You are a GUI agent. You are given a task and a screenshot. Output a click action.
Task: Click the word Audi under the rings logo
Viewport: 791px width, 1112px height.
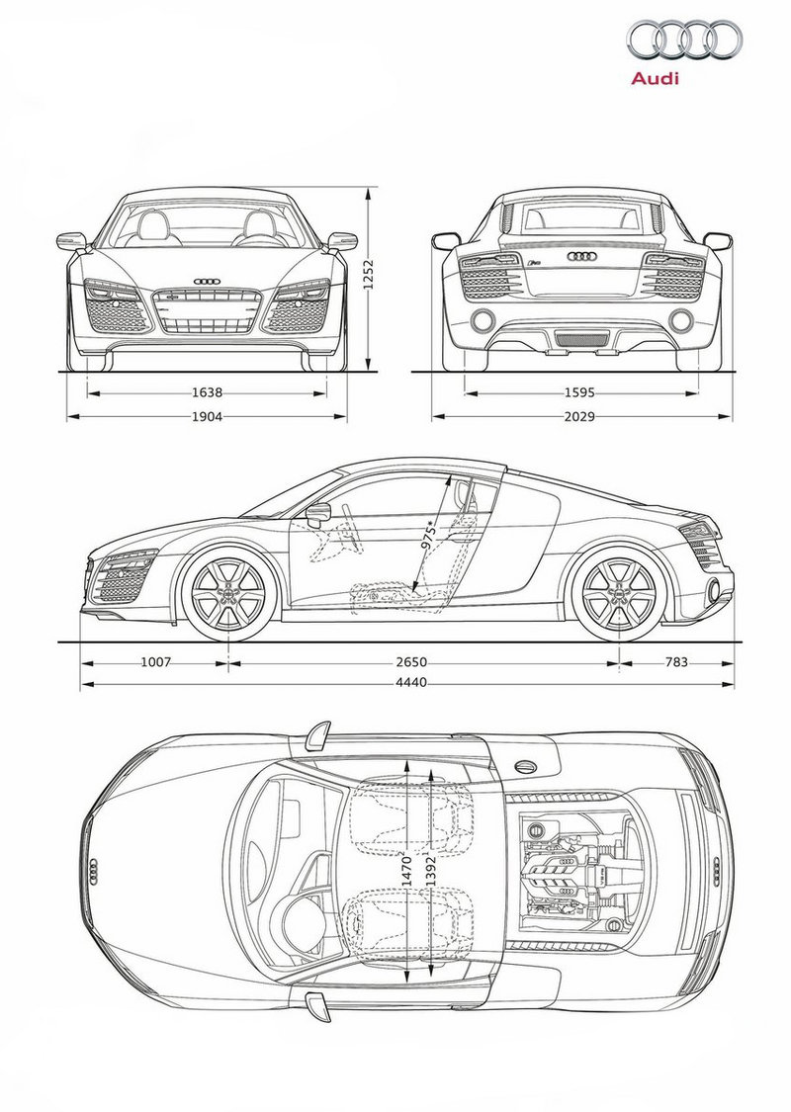[655, 78]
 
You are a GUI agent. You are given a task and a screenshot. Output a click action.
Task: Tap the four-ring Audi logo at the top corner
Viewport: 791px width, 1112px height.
[683, 39]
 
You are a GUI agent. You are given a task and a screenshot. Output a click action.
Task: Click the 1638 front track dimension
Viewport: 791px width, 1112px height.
[208, 392]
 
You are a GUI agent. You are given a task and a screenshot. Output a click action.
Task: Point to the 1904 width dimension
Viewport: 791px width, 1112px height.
[208, 417]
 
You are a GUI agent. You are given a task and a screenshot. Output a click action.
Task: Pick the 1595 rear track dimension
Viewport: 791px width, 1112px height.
[579, 392]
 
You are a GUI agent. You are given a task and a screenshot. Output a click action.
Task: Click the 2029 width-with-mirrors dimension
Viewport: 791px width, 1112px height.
[579, 417]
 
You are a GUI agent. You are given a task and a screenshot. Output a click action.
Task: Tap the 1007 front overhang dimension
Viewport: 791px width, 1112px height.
[155, 662]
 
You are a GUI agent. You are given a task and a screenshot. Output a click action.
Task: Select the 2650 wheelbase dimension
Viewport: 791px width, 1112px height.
[411, 662]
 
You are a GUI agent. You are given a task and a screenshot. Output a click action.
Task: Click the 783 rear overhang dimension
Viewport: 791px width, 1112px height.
[676, 662]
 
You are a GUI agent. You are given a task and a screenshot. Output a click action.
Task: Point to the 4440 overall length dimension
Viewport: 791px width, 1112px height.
[411, 683]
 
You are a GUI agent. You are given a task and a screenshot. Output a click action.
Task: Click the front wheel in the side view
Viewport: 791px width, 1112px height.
[228, 593]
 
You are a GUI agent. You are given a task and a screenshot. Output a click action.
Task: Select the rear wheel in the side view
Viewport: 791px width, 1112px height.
[619, 593]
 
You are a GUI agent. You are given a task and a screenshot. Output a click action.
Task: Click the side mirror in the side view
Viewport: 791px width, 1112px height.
[319, 513]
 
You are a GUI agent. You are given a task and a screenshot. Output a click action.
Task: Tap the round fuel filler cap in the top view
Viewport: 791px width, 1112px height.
[526, 766]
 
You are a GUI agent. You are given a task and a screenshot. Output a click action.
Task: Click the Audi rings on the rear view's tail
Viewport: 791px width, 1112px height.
[580, 257]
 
